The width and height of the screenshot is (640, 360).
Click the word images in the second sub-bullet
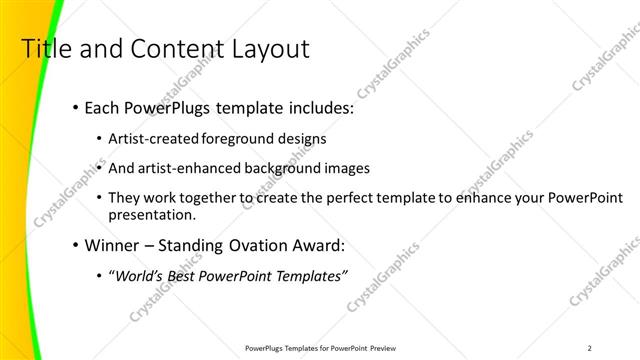tap(346, 168)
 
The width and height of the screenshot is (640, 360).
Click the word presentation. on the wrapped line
tap(153, 214)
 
